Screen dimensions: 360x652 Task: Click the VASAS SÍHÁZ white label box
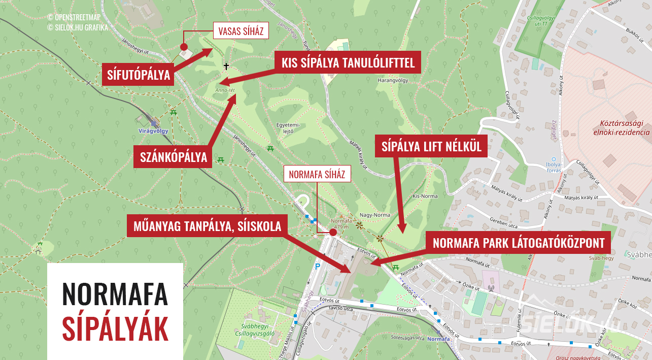coord(241,31)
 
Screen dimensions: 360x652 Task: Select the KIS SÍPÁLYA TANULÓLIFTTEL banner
coord(348,62)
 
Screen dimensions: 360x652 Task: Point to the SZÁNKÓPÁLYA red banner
coord(174,157)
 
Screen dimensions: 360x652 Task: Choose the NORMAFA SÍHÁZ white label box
coord(317,175)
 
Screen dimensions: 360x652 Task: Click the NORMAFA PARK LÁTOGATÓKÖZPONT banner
coord(519,243)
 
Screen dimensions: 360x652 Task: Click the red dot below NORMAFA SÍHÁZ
coord(333,233)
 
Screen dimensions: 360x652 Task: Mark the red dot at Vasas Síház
coord(184,46)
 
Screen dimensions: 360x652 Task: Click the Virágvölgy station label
coord(153,130)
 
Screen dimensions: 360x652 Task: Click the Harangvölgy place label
coord(393,80)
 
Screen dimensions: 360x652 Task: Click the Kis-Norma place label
coord(425,195)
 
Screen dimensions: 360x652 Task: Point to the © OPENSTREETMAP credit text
coord(78,18)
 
